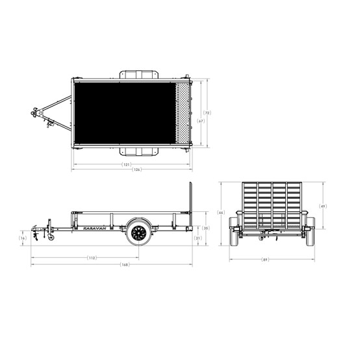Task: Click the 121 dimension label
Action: [126, 164]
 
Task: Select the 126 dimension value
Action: [136, 170]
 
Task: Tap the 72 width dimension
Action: [207, 112]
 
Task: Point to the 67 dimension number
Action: [201, 121]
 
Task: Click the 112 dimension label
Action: [92, 258]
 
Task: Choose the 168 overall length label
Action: [125, 264]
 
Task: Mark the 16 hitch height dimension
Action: [23, 238]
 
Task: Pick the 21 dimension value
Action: [198, 238]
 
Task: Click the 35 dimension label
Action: [206, 228]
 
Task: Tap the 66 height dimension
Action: [221, 212]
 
